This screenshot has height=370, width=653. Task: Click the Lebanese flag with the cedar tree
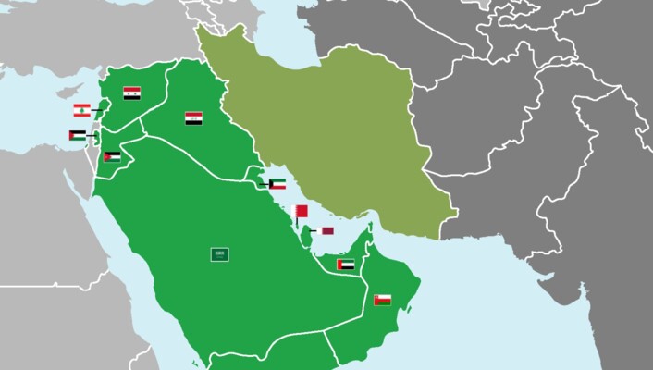tap(81, 111)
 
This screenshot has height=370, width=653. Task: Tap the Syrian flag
tap(131, 93)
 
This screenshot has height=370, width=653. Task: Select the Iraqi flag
tap(193, 118)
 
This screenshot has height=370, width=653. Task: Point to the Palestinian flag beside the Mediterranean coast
tap(77, 136)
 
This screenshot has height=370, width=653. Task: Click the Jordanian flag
tap(112, 157)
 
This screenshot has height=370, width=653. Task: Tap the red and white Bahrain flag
tap(299, 212)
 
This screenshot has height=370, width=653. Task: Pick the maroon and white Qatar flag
tap(327, 230)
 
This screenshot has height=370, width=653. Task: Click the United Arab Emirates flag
tap(345, 265)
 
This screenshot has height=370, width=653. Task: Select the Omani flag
tap(382, 300)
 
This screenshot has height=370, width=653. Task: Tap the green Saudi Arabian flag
tap(220, 253)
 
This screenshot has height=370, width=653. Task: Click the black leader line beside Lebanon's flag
tap(96, 111)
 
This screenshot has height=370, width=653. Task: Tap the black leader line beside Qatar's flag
tap(315, 230)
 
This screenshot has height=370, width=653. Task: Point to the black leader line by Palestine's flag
tap(91, 136)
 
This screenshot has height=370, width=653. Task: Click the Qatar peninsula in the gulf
tap(311, 231)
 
